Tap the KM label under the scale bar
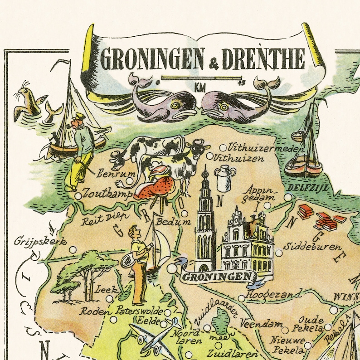199,87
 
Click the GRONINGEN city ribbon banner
215,276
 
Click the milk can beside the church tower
223,179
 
